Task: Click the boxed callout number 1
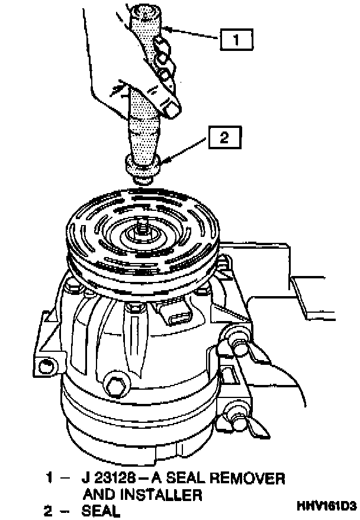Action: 236,40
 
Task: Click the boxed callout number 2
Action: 224,137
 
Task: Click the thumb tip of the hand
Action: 173,110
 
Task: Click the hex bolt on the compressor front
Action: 117,386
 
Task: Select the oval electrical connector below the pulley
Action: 179,317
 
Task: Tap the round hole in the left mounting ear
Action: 45,367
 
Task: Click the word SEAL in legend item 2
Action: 101,511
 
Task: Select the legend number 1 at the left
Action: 49,479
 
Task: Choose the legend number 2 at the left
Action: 49,511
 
